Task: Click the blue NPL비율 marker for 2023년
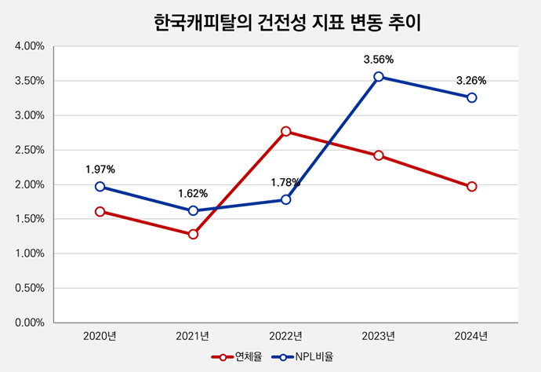(x=379, y=77)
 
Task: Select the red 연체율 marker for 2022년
(x=286, y=131)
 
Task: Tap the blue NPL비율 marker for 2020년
(x=100, y=187)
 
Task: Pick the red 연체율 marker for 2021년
(x=193, y=234)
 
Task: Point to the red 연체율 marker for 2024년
(x=471, y=187)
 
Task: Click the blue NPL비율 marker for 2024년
(x=471, y=97)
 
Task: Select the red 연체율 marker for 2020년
(x=100, y=212)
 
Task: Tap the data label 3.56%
(x=379, y=59)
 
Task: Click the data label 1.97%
(x=100, y=169)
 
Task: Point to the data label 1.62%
(x=193, y=193)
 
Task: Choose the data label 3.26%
(x=471, y=79)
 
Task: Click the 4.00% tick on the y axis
(x=29, y=46)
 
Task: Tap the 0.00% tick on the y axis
(x=29, y=323)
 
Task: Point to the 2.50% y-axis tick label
(x=29, y=150)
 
